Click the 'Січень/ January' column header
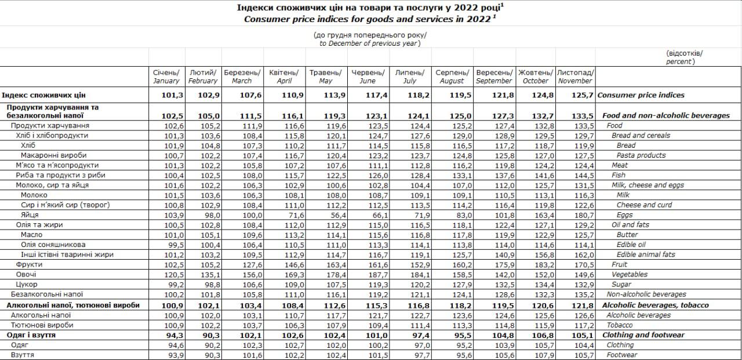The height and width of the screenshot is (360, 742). click(x=166, y=77)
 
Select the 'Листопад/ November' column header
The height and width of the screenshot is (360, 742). click(x=575, y=77)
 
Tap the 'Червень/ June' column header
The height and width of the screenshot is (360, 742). click(x=368, y=77)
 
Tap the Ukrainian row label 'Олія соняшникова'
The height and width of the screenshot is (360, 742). click(x=53, y=245)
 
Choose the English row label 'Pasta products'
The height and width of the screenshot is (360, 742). click(x=641, y=155)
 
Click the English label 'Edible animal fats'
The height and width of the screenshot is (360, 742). click(x=646, y=254)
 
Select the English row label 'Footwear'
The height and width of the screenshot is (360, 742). click(x=622, y=355)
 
